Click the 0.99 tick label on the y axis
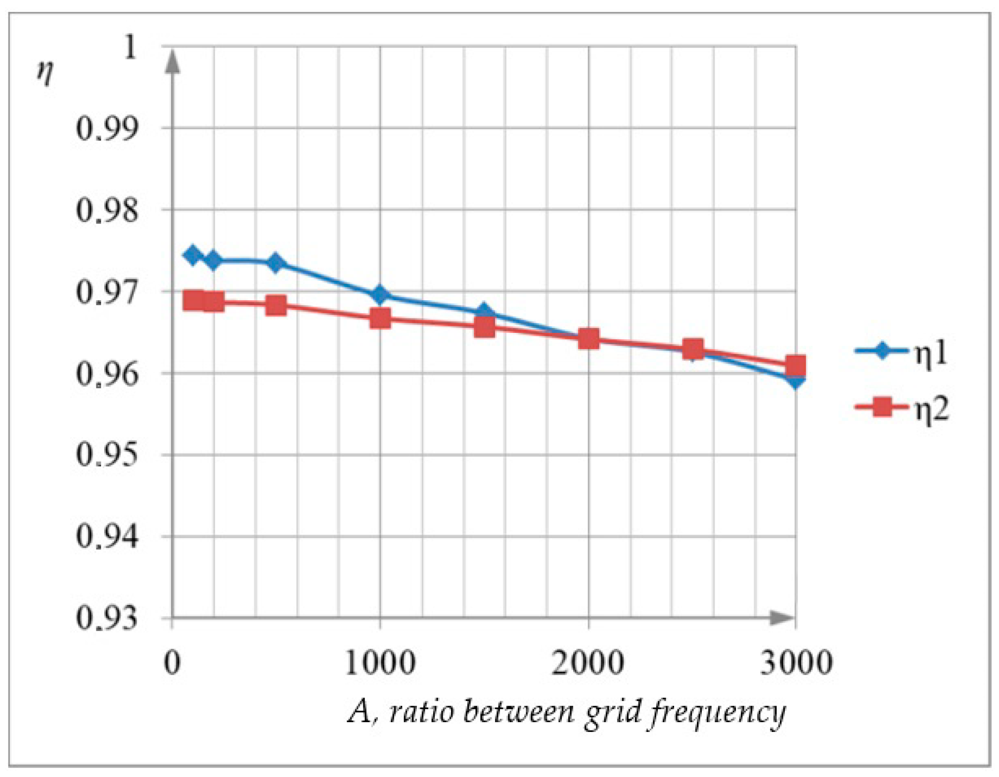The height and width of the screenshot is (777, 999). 106,129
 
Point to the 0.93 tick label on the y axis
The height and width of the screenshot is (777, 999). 106,618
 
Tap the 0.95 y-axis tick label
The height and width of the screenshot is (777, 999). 106,455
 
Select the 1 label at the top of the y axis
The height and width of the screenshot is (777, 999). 130,48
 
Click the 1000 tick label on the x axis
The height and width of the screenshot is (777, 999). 380,663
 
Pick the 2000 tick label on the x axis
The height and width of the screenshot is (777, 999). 588,663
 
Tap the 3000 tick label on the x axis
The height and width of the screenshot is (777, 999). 796,663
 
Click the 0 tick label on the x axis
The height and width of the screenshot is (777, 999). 172,663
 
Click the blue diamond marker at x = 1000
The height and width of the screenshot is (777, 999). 380,295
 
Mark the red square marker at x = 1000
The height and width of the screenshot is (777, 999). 380,319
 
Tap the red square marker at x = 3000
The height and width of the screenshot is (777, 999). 795,366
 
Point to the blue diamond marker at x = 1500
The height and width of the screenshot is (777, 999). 484,312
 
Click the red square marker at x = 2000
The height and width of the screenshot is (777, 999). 588,339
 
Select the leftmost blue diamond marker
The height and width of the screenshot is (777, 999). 192,255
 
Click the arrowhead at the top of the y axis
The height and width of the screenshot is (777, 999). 172,62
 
